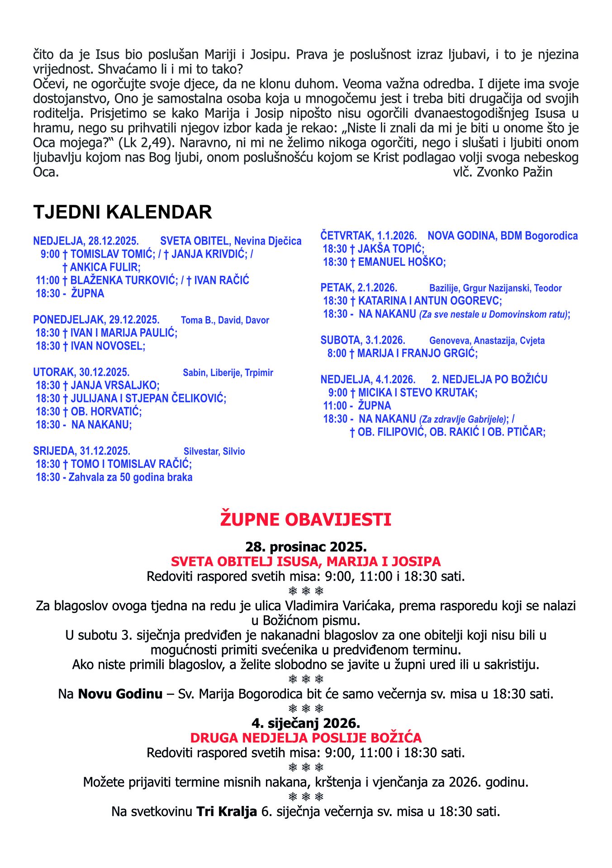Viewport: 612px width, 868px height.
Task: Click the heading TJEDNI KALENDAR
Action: pyautogui.click(x=123, y=212)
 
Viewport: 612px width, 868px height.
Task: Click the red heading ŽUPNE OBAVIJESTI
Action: pyautogui.click(x=306, y=519)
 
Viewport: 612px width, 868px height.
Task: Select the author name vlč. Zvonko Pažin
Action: pyautogui.click(x=503, y=172)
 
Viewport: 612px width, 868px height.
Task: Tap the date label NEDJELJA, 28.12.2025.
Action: pyautogui.click(x=86, y=241)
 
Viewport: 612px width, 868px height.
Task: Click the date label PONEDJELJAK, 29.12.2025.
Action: pyautogui.click(x=96, y=320)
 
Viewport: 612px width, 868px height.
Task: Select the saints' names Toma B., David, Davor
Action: pyautogui.click(x=225, y=321)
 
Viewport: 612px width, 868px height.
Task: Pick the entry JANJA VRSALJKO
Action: pyautogui.click(x=115, y=386)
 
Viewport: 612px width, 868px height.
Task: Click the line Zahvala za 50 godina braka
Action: pyautogui.click(x=130, y=477)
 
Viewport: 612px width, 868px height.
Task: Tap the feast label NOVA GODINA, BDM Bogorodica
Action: pyautogui.click(x=503, y=236)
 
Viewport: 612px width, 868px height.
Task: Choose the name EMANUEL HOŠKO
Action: pyautogui.click(x=402, y=262)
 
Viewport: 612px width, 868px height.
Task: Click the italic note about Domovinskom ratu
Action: pyautogui.click(x=494, y=315)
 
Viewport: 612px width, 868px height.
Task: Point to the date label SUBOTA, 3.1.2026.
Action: pyautogui.click(x=363, y=340)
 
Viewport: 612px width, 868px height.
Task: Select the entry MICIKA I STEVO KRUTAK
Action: pyautogui.click(x=417, y=393)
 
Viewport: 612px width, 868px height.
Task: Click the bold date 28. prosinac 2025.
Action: pyautogui.click(x=306, y=547)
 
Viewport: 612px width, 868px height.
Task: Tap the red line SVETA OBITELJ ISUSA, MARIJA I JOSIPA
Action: pyautogui.click(x=306, y=562)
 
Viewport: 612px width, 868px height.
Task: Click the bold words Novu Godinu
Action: pyautogui.click(x=120, y=694)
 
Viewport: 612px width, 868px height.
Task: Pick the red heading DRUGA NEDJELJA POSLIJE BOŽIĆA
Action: pyautogui.click(x=306, y=738)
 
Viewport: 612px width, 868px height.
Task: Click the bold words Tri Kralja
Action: pyautogui.click(x=227, y=811)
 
